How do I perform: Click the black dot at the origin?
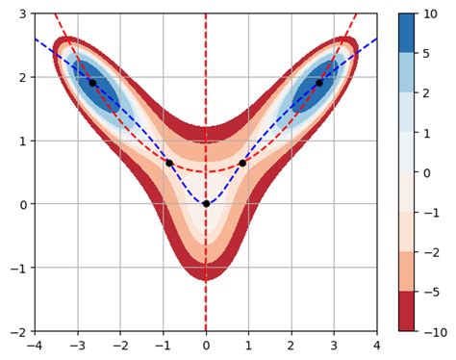coord(206,204)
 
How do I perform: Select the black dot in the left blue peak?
coord(93,83)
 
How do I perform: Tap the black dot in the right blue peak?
coord(318,83)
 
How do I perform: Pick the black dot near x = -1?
coord(169,163)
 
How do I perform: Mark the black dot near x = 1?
coord(242,163)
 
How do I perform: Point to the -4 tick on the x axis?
coord(35,344)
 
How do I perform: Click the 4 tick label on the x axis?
coord(377,344)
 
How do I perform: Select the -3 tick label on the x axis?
coord(77,344)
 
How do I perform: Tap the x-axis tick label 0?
coord(206,344)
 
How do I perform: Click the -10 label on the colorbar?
coord(435,331)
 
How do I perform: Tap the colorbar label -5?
coord(432,292)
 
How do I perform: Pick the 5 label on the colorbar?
coord(428,53)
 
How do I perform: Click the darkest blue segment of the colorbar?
coord(408,33)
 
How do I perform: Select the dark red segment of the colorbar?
coord(408,311)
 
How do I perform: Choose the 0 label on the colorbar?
coord(428,172)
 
